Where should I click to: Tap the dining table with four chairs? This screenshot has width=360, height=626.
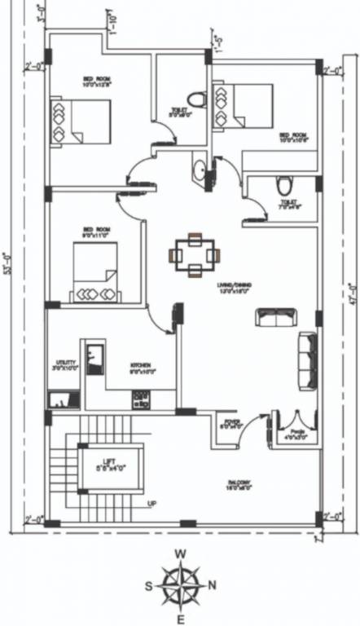[195, 255]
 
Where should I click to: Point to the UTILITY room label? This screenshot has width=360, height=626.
[66, 364]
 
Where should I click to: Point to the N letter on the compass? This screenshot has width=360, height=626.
[213, 584]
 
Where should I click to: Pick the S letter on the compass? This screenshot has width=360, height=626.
[149, 584]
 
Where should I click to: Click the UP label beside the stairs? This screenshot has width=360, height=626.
[151, 504]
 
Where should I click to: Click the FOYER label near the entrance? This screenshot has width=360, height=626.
[232, 424]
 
